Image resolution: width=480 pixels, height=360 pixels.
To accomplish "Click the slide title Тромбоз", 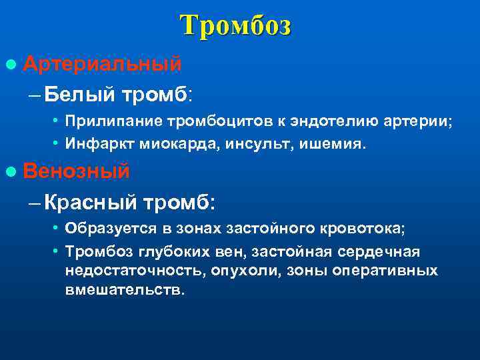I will pos(235,26).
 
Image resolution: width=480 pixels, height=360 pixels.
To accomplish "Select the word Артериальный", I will pos(102,63).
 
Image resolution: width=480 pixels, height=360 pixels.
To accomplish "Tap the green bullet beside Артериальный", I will pos(9,64).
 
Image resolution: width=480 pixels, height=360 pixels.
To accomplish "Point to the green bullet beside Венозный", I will pos(9,172).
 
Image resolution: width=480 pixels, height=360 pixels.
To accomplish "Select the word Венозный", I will pos(76,171).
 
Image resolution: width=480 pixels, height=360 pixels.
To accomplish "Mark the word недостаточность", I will pos(135,271).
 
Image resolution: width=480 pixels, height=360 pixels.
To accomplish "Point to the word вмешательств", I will pos(123,291).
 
